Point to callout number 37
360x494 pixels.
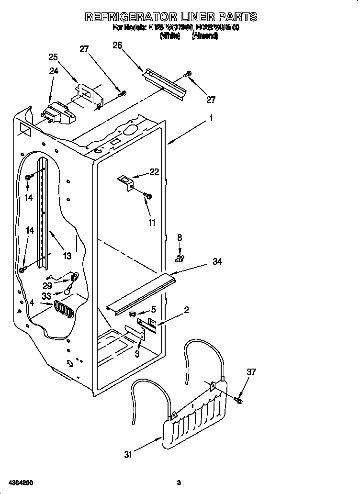click(251, 372)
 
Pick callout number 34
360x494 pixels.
click(217, 262)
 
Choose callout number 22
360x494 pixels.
click(154, 172)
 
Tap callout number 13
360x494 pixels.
click(67, 256)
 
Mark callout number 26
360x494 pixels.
click(117, 45)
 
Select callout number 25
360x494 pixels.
click(53, 57)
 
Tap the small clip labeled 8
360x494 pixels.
click(180, 258)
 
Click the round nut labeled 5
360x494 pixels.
click(132, 314)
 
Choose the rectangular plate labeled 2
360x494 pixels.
click(147, 324)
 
